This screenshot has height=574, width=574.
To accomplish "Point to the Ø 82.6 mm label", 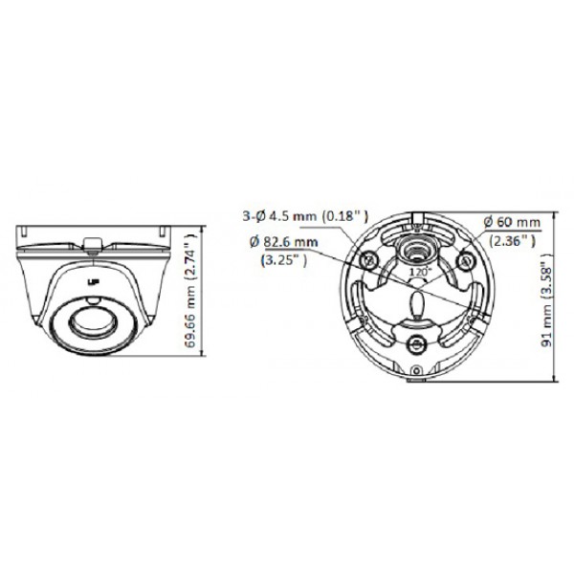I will click(x=284, y=243).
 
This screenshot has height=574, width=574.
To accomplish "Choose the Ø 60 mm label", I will click(x=513, y=222).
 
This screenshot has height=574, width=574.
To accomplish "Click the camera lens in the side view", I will click(x=92, y=328).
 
